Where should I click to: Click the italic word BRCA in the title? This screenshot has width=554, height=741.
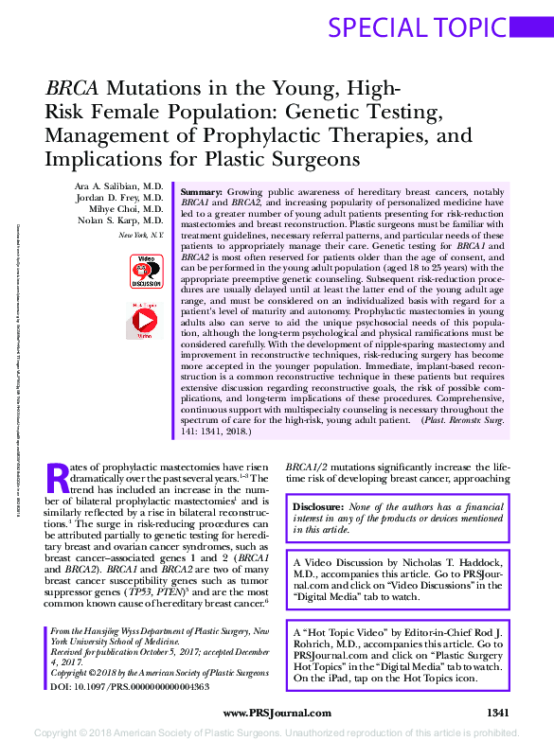tap(72, 89)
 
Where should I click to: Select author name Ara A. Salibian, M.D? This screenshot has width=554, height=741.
tap(121, 186)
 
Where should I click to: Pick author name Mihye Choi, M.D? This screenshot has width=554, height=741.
tap(128, 210)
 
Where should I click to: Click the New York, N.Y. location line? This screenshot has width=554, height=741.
tap(140, 235)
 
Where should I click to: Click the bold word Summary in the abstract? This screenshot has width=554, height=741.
tap(201, 191)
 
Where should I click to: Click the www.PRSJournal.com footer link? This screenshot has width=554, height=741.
tap(277, 713)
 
